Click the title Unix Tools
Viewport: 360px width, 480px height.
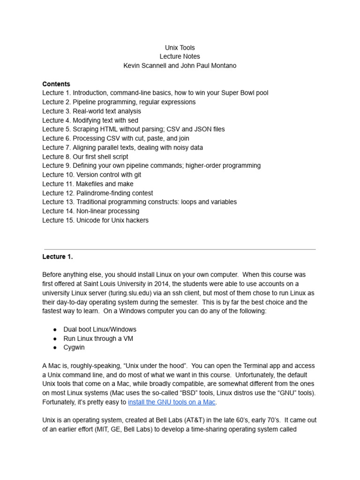[x=180, y=48]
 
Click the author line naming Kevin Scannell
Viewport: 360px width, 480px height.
[x=180, y=66]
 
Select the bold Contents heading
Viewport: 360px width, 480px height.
[x=56, y=84]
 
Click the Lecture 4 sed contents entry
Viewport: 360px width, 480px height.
[x=90, y=120]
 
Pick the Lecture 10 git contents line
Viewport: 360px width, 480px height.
[x=91, y=175]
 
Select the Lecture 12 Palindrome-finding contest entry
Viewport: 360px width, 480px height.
[x=97, y=193]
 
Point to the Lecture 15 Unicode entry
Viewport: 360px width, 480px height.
[x=95, y=220]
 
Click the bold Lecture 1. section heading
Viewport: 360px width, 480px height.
[x=58, y=257]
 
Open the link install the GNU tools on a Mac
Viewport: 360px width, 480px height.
[x=172, y=402]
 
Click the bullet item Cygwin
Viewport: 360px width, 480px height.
[x=74, y=347]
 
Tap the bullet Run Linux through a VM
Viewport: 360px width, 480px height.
[x=98, y=338]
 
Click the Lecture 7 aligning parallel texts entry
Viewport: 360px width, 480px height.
[x=122, y=148]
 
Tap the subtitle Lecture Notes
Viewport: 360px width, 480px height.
[x=180, y=57]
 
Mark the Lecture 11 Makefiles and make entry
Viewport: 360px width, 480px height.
[x=88, y=184]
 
